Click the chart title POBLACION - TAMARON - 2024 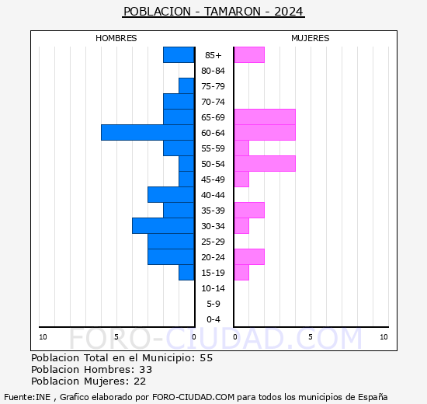pyautogui.click(x=213, y=12)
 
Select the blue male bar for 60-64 pyautogui.click(x=148, y=133)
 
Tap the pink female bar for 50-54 pyautogui.click(x=265, y=164)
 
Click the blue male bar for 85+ pyautogui.click(x=179, y=55)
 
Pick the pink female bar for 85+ pyautogui.click(x=249, y=55)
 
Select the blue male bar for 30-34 pyautogui.click(x=163, y=226)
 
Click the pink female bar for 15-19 pyautogui.click(x=241, y=273)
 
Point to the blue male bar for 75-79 pyautogui.click(x=186, y=86)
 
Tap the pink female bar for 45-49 pyautogui.click(x=241, y=179)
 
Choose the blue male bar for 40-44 pyautogui.click(x=171, y=195)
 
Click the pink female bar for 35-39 pyautogui.click(x=249, y=211)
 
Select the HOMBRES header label pyautogui.click(x=116, y=38)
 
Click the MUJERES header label pyautogui.click(x=311, y=38)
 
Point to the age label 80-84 pyautogui.click(x=213, y=71)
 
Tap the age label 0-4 pyautogui.click(x=213, y=319)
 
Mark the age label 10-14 pyautogui.click(x=213, y=288)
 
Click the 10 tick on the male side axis pyautogui.click(x=43, y=336)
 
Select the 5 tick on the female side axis pyautogui.click(x=310, y=336)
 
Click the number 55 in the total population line pyautogui.click(x=206, y=358)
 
